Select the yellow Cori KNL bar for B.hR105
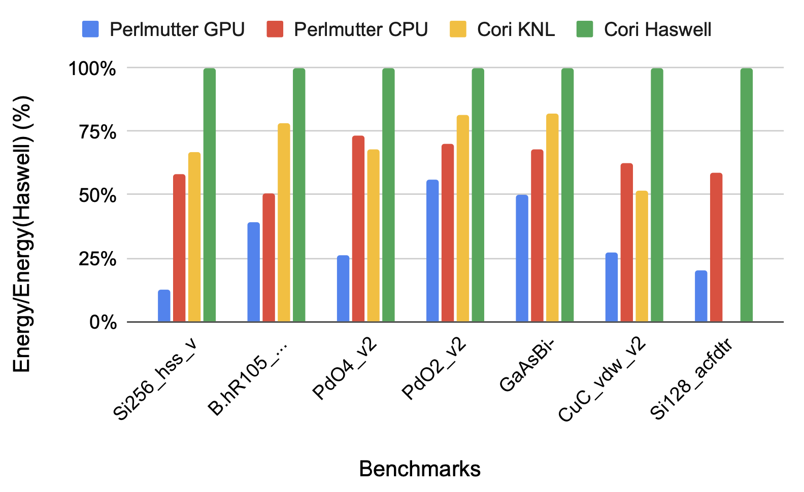(284, 223)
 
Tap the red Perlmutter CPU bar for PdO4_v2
(358, 229)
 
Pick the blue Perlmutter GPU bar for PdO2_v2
(432, 251)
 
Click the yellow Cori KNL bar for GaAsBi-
(552, 218)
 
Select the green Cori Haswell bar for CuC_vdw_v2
(657, 195)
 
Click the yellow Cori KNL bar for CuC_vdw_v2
(642, 256)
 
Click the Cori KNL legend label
(516, 29)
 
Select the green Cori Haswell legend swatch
(585, 29)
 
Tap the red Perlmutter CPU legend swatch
(275, 29)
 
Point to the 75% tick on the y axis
(98, 132)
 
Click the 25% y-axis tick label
(98, 259)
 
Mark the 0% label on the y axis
(104, 323)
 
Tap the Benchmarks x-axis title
(420, 469)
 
